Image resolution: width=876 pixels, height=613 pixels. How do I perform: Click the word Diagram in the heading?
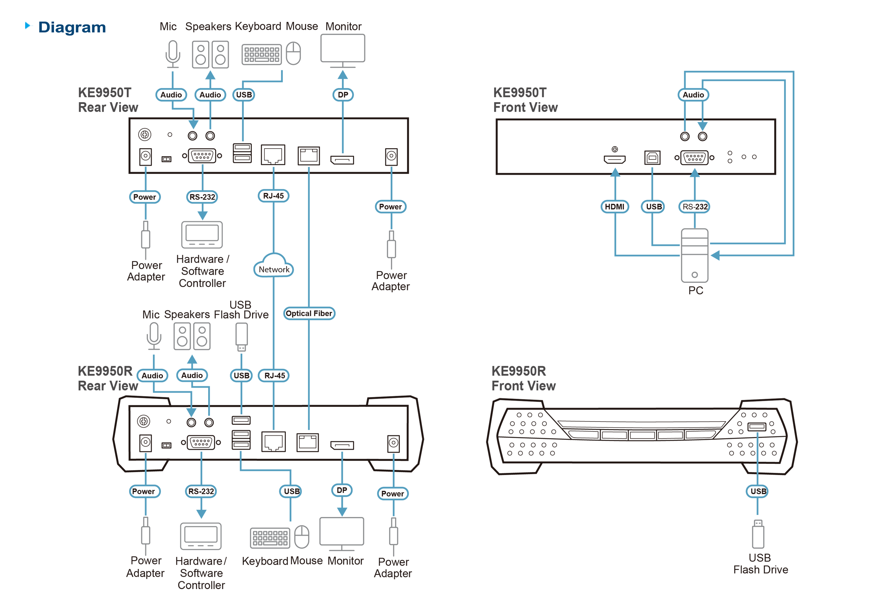coord(72,27)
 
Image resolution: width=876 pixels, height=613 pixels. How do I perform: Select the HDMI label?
coord(614,207)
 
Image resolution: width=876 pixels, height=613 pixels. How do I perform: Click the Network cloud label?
coord(274,269)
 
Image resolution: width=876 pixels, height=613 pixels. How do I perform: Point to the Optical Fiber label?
coord(309,313)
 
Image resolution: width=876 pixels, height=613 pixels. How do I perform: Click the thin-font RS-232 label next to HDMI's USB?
coord(695,207)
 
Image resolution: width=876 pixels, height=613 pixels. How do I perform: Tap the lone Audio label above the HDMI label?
coord(693,95)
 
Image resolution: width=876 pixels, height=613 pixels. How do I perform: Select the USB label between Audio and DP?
coord(244,95)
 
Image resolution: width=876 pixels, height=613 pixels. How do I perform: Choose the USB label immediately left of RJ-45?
coord(241,375)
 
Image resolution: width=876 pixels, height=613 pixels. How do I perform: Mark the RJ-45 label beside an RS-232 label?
coord(273,196)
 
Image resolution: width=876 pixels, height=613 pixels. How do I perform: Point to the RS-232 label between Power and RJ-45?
coord(202,197)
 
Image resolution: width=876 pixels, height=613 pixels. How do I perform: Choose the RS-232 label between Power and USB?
coord(201,491)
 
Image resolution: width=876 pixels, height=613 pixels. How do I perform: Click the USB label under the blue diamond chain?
coord(758,491)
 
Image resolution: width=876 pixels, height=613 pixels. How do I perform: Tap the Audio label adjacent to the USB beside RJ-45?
coord(192,375)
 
